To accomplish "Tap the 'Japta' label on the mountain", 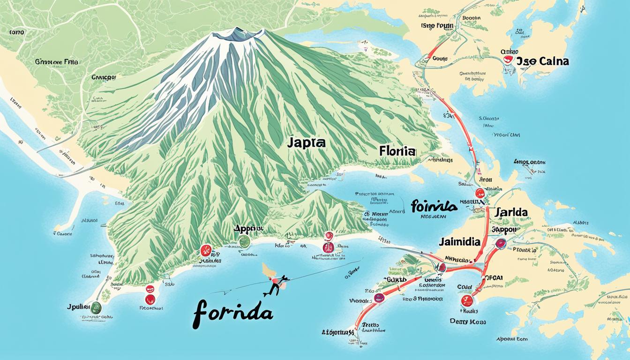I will click(x=307, y=143).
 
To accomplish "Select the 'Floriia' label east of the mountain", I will click(x=397, y=151).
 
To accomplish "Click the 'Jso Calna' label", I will click(x=542, y=61).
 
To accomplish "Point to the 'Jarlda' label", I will click(x=510, y=212).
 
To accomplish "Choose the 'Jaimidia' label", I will click(x=460, y=242).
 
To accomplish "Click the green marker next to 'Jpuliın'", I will click(x=96, y=307).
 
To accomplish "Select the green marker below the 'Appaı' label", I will click(x=244, y=242).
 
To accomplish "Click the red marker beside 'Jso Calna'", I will click(x=507, y=60).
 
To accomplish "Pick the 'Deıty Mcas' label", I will click(x=467, y=322).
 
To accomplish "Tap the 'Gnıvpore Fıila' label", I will click(x=57, y=61).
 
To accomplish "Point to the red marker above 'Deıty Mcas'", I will click(x=466, y=300).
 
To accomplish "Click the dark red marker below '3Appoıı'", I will click(x=501, y=243).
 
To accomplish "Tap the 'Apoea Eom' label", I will click(x=512, y=339).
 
